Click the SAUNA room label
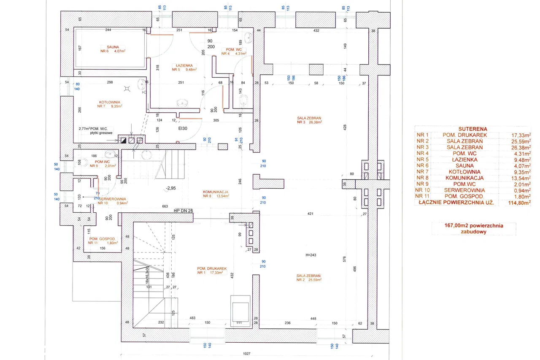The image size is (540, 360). coord(113,47)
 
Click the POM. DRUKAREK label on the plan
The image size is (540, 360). coord(212,268)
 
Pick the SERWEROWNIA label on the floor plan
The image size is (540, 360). coord(112,199)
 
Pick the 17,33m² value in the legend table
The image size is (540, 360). coord(521,135)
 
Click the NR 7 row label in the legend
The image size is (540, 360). coord(422,172)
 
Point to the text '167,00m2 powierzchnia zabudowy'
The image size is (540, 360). coord(473,229)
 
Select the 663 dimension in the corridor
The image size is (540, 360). coord(165,206)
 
